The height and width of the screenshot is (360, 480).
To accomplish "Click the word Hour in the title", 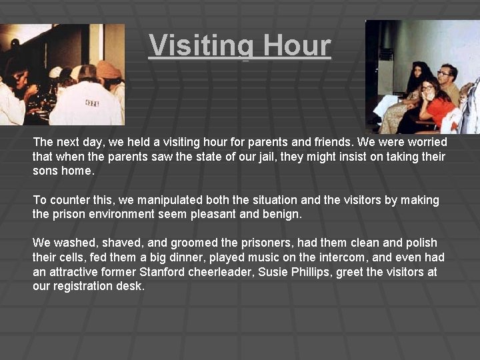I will [x=297, y=45].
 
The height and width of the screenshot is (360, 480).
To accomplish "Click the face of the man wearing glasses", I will [x=445, y=75].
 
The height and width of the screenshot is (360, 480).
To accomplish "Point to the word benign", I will [x=283, y=215].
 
